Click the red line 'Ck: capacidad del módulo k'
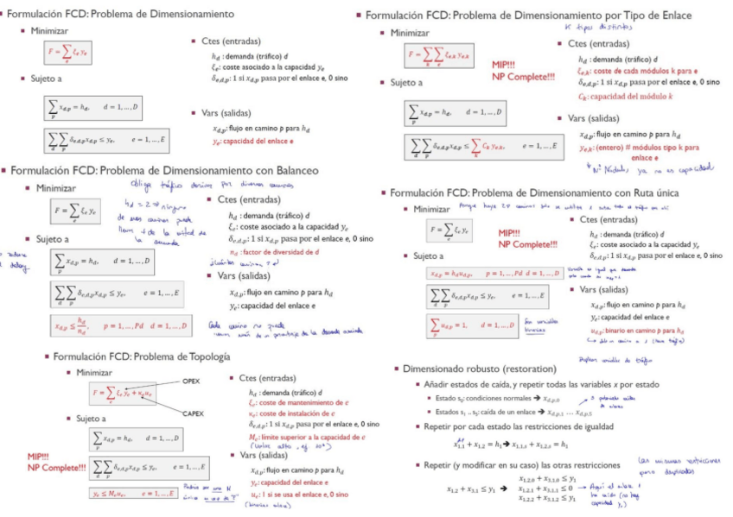point(621,96)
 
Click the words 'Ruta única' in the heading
point(650,192)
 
